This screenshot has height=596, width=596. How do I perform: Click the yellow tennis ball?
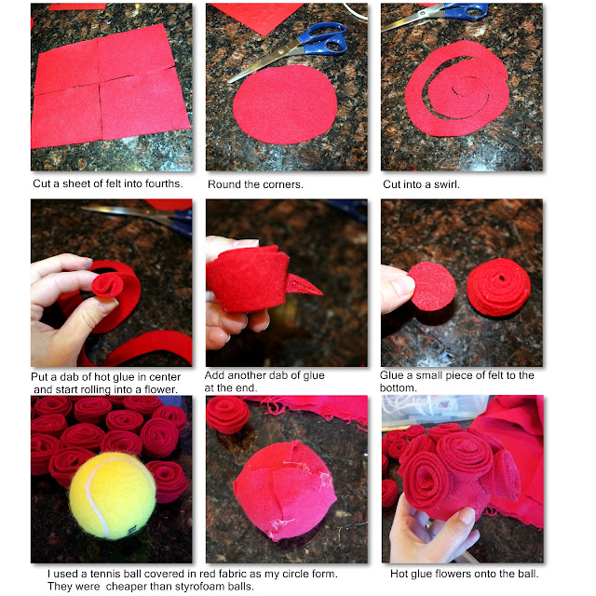pyautogui.click(x=112, y=495)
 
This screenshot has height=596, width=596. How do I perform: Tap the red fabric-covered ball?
pyautogui.click(x=284, y=491)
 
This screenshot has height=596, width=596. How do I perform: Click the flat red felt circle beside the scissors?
pyautogui.click(x=285, y=104)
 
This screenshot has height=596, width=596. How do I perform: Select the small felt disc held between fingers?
pyautogui.click(x=432, y=286)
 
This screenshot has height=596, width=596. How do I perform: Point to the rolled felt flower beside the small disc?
pyautogui.click(x=498, y=288)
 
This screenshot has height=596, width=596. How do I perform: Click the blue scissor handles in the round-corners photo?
pyautogui.click(x=323, y=38)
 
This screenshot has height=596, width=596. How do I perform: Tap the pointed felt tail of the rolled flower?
pyautogui.click(x=302, y=286)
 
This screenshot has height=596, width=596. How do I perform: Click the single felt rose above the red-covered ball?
pyautogui.click(x=227, y=414)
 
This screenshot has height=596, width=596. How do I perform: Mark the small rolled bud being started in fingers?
pyautogui.click(x=108, y=286)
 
